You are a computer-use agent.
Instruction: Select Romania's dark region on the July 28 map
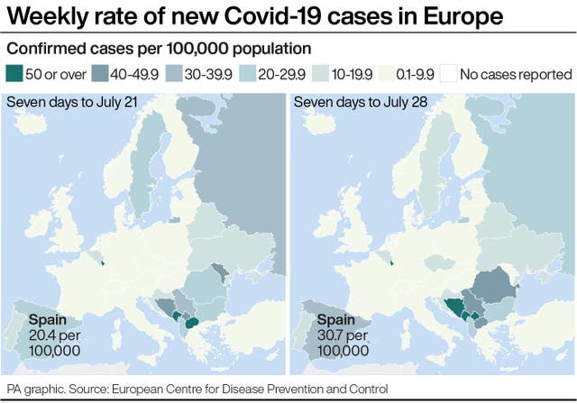click(499, 281)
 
